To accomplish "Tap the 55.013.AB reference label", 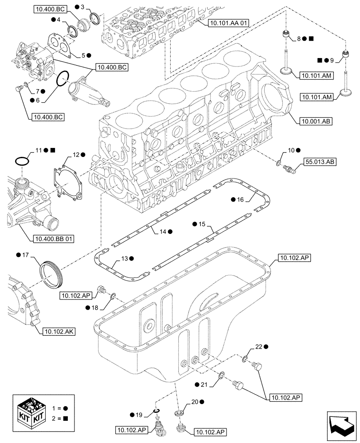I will pyautogui.click(x=320, y=162).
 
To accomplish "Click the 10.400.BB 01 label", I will pyautogui.click(x=54, y=239).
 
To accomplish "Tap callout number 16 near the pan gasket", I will pyautogui.click(x=239, y=200).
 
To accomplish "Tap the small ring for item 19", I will pyautogui.click(x=156, y=411).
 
